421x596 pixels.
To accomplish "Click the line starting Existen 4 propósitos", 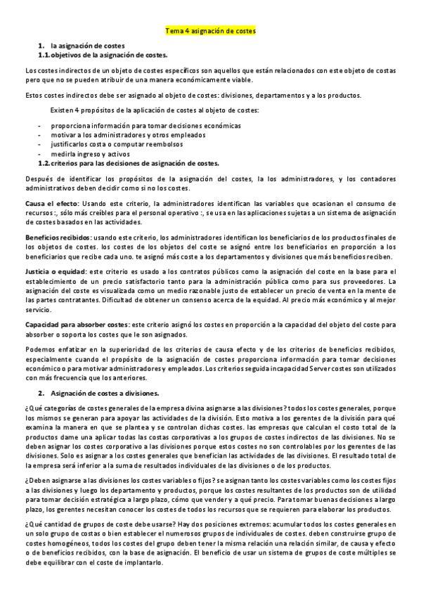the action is pos(154,111).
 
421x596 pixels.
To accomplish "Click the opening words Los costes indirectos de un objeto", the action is pos(77,70).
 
